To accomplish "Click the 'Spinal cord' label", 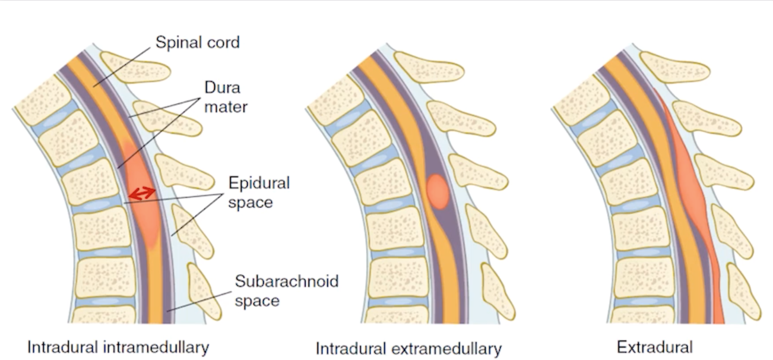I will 197,43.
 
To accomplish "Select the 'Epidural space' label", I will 259,192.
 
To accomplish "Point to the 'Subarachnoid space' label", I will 286,290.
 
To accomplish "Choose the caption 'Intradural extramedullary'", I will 408,348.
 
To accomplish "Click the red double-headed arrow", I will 143,192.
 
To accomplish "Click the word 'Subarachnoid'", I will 286,280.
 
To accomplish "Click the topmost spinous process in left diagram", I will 135,67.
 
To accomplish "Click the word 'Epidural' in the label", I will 259,183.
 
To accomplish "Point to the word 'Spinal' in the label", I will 176,43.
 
